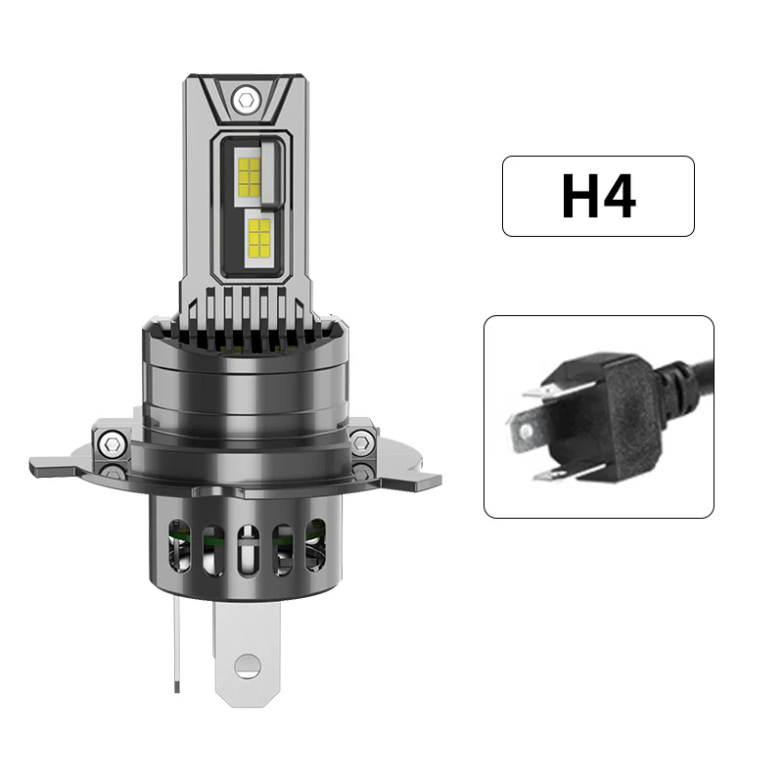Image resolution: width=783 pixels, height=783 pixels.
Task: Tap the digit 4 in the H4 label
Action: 620,196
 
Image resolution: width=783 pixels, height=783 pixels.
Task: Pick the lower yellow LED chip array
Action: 261,234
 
